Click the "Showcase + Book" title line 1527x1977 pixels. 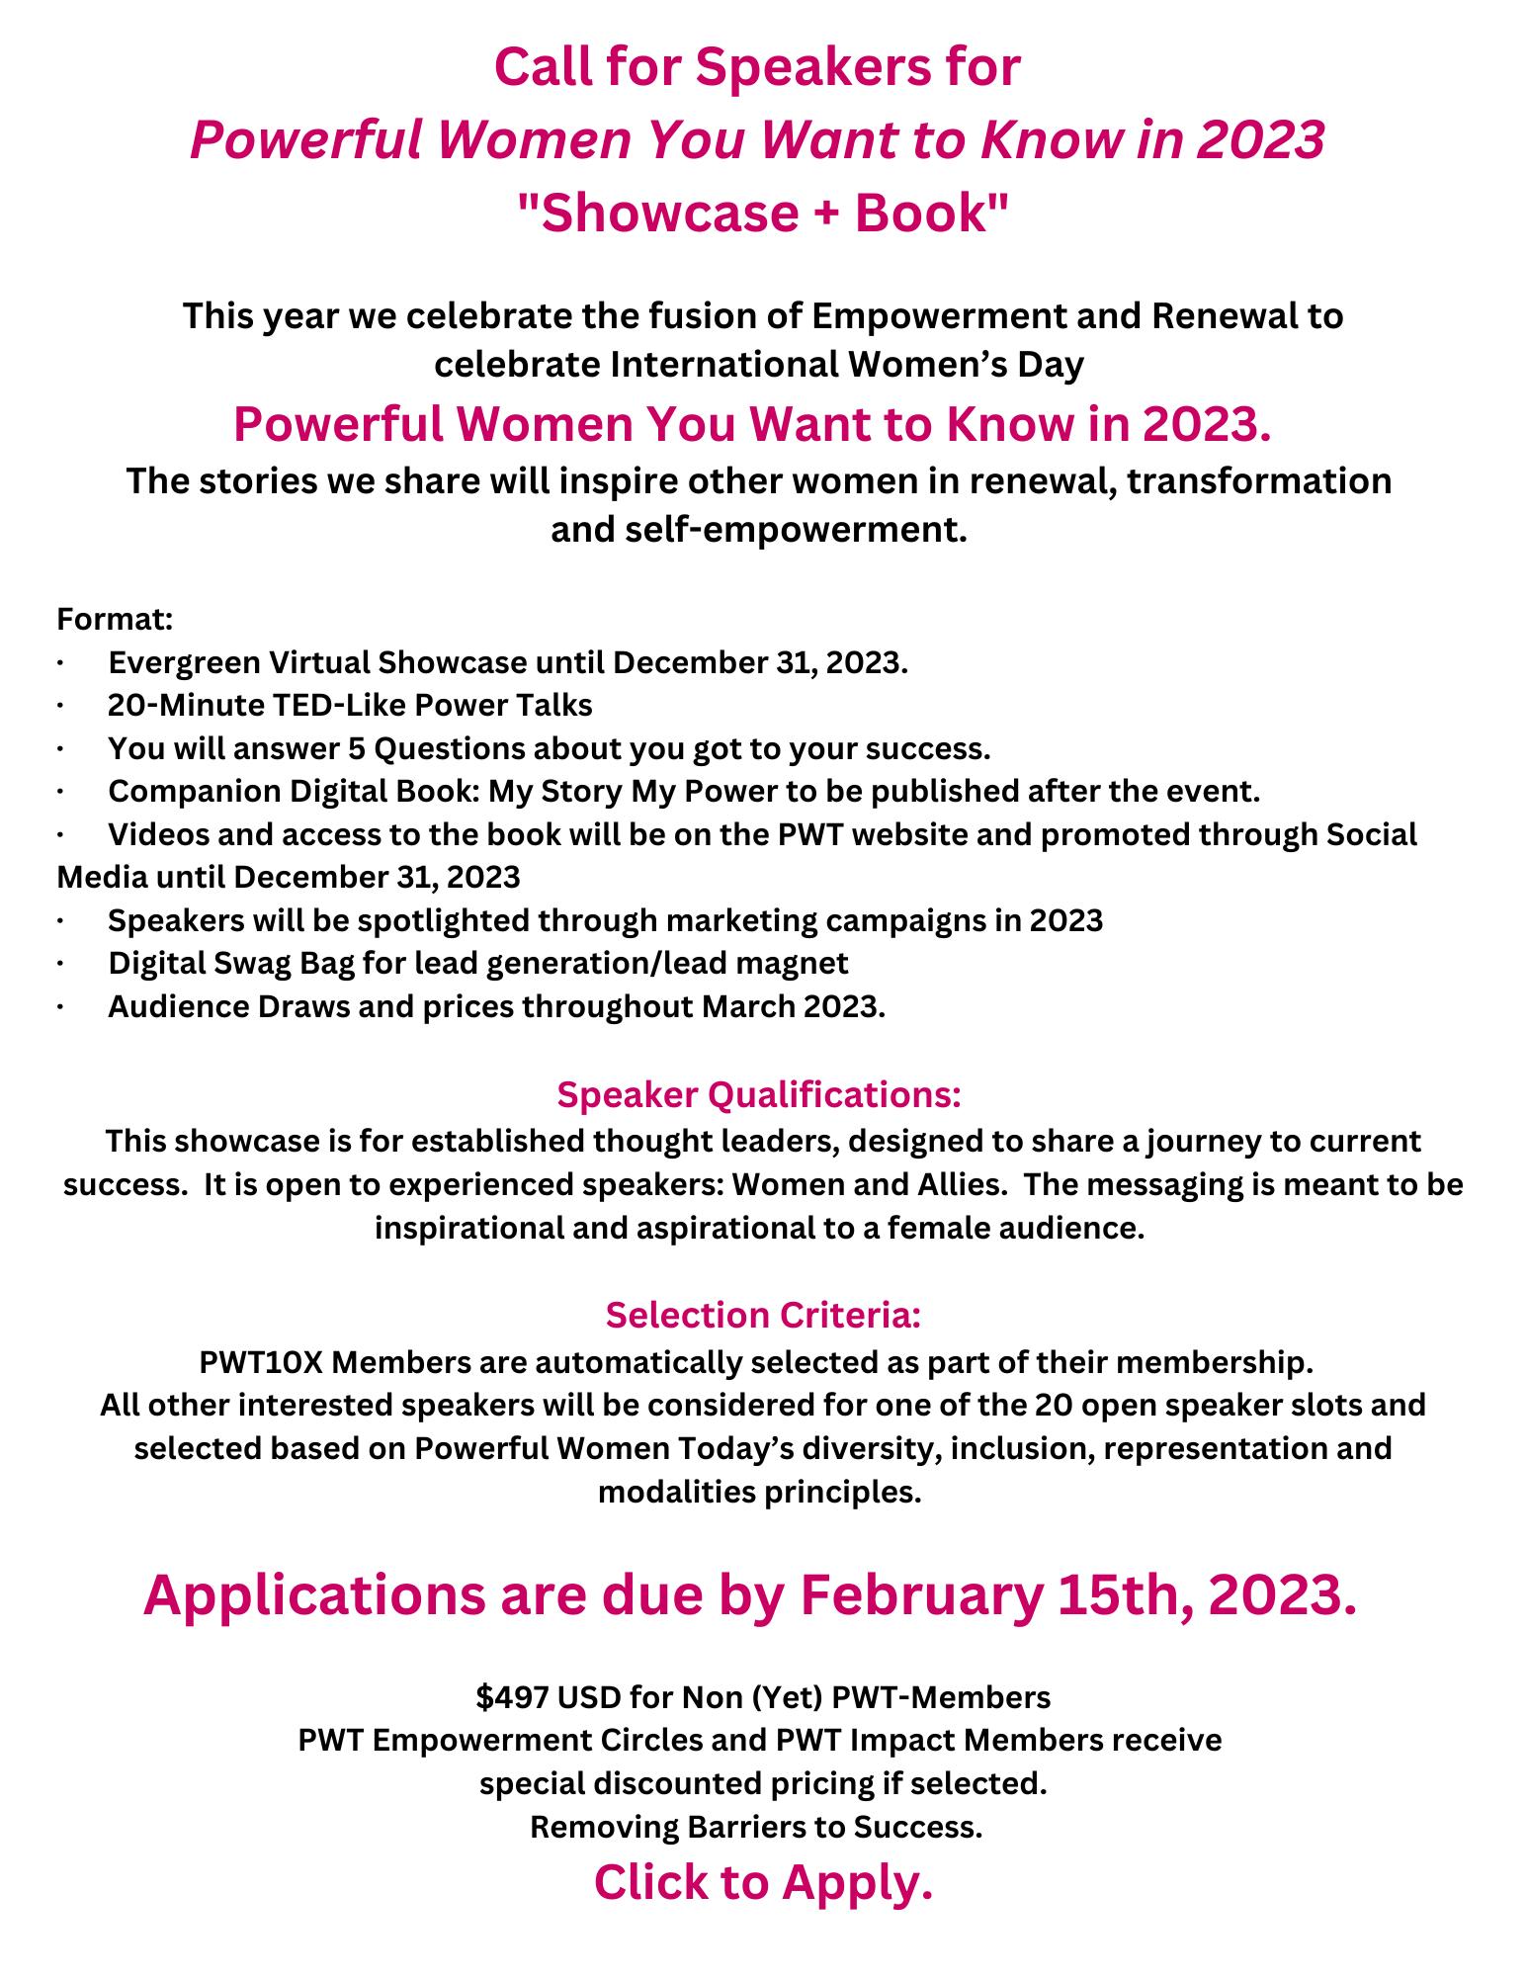click(x=763, y=214)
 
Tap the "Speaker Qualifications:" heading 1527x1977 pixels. click(x=759, y=1095)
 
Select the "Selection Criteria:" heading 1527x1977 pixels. click(x=763, y=1316)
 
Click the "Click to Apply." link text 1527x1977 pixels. click(x=763, y=1883)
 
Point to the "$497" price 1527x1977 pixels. click(x=512, y=1697)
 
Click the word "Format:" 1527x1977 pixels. click(x=116, y=620)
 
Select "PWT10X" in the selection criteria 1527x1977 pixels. click(x=260, y=1361)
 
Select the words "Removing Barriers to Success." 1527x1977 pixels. click(x=757, y=1827)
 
